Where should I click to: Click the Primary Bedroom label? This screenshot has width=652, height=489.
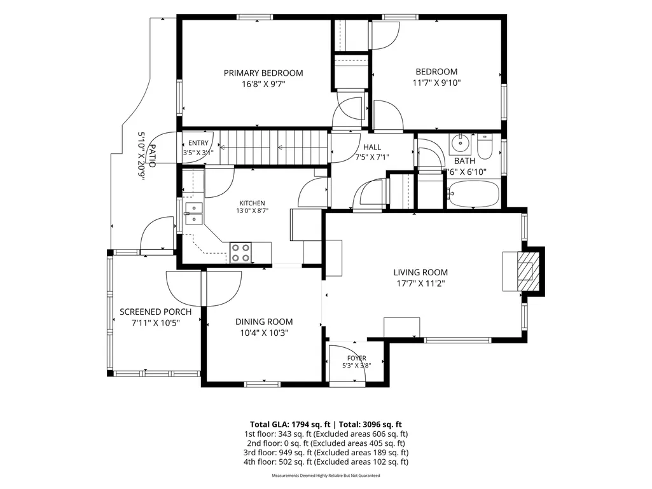pos(263,73)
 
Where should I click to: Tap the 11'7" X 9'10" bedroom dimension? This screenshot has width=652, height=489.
pos(436,83)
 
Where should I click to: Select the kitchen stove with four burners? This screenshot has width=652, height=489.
pos(240,253)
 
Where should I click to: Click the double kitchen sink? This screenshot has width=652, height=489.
pos(193,213)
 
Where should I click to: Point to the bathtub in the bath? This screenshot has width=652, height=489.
pos(473,194)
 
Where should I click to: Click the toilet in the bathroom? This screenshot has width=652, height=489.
pos(485,146)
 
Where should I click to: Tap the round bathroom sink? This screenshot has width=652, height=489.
pos(460,144)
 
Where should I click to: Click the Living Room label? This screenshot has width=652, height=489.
pos(421,273)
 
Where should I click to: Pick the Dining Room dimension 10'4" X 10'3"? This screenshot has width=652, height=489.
pos(264,333)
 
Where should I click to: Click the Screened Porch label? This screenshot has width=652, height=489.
pos(155,312)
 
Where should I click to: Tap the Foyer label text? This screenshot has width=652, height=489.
pos(357,358)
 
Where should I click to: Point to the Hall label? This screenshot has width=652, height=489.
pos(372,147)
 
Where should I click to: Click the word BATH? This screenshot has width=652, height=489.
pos(464,161)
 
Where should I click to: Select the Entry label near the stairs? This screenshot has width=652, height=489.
pos(198,143)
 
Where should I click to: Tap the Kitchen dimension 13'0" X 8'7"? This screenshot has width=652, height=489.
pos(253,210)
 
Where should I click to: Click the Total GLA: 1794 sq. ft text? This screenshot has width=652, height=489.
pos(290,425)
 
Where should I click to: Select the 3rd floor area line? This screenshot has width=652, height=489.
pos(326,452)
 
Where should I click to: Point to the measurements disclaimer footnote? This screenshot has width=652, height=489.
pos(326,476)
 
